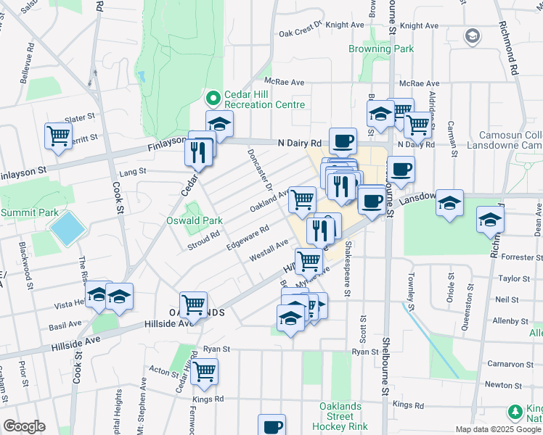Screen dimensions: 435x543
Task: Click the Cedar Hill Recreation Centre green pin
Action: [213, 97]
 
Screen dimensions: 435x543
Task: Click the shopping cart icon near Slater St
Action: [58, 135]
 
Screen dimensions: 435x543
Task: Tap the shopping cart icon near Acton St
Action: [205, 370]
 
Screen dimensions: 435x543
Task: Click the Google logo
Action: [24, 426]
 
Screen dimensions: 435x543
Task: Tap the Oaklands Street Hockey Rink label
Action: [340, 417]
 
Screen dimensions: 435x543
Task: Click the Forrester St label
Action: [516, 257]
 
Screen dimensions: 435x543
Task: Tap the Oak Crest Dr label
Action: [300, 33]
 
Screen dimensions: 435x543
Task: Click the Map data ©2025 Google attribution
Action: [494, 429]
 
